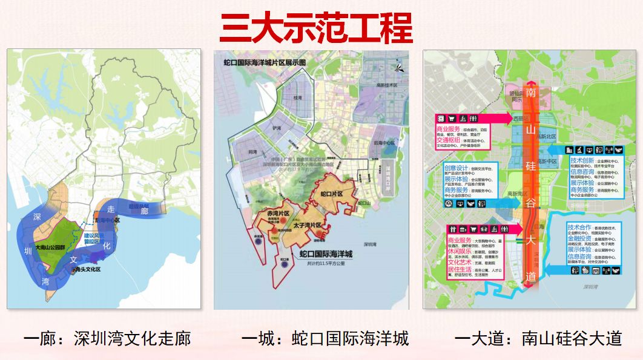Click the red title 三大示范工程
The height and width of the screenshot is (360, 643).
click(315, 28)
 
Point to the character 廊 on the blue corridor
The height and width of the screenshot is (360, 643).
click(143, 211)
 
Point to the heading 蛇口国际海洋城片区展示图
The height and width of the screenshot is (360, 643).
click(265, 62)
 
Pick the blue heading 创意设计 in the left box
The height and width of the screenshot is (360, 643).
click(455, 168)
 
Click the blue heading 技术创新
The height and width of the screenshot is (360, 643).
click(581, 161)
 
